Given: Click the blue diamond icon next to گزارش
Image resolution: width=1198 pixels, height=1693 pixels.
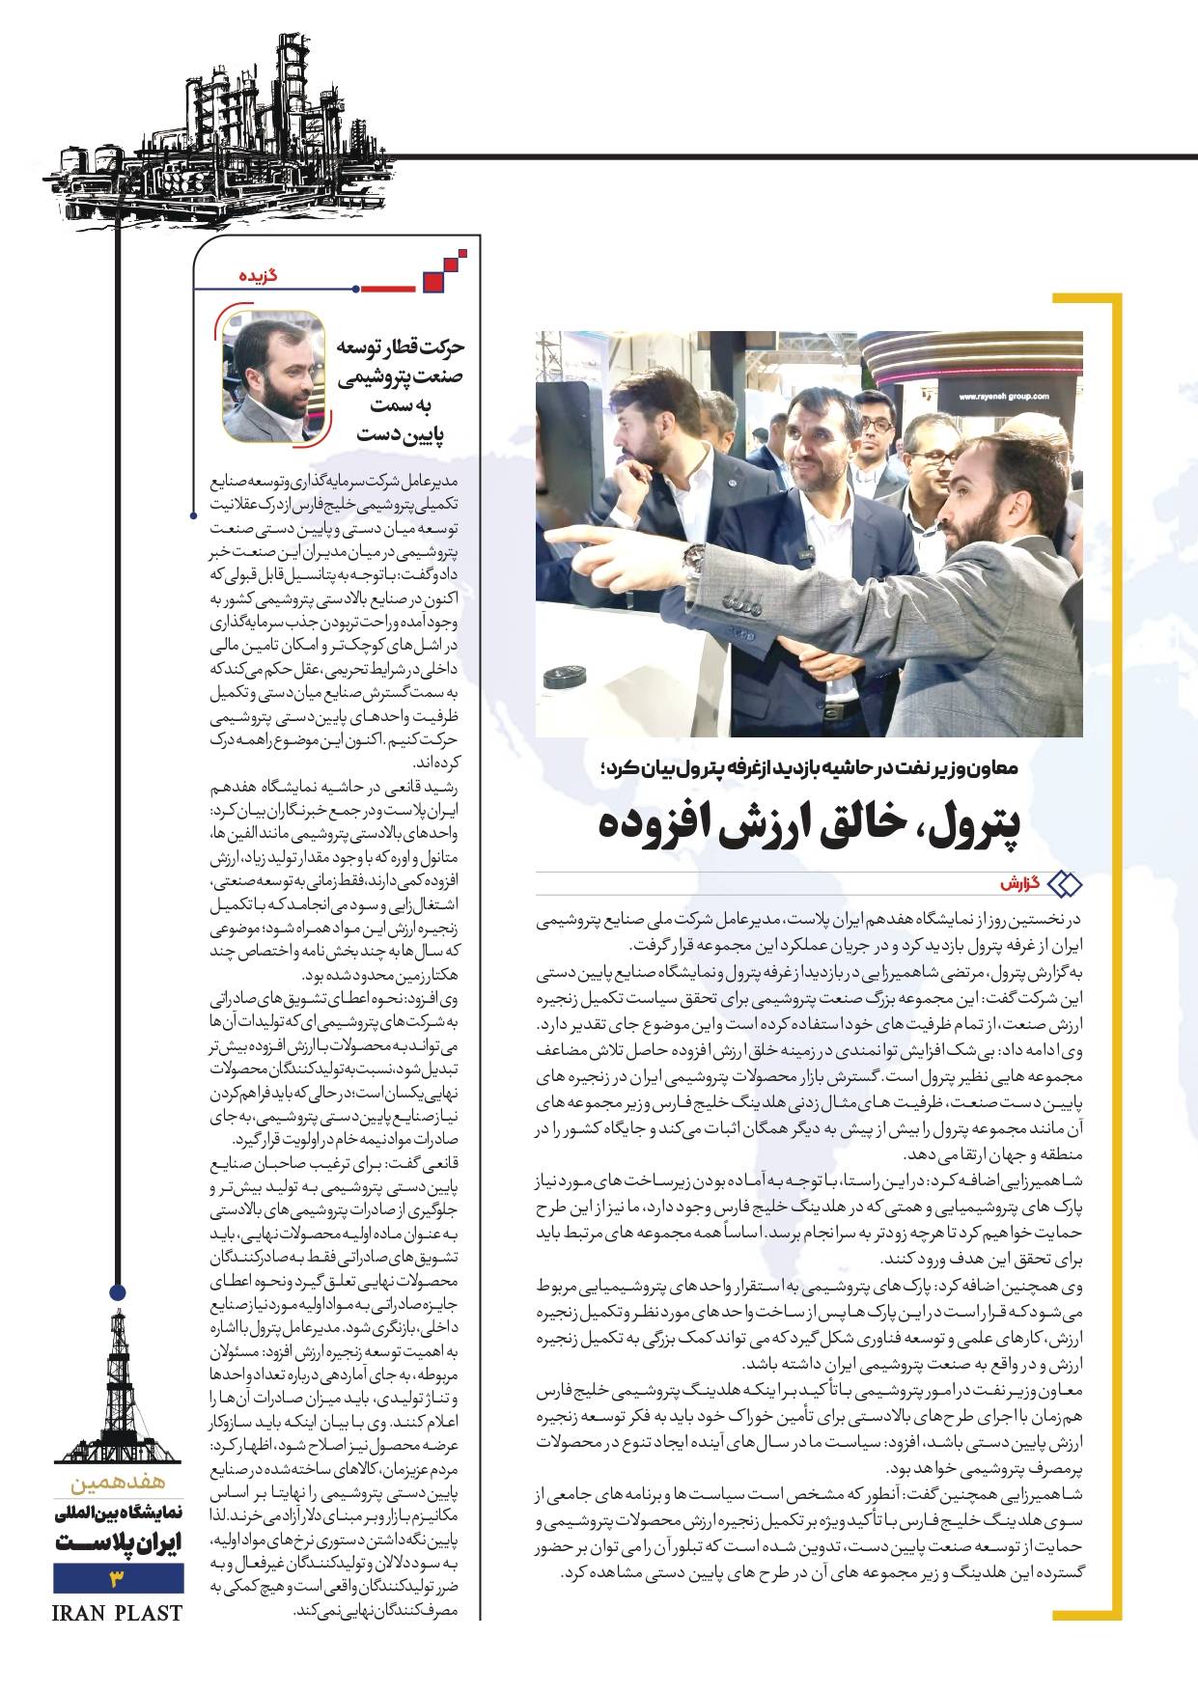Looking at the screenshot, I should coord(1065,883).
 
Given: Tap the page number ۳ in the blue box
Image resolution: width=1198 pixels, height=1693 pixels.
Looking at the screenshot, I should coord(118,1579).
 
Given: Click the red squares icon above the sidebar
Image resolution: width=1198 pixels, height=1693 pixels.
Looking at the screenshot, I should coord(444,273).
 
